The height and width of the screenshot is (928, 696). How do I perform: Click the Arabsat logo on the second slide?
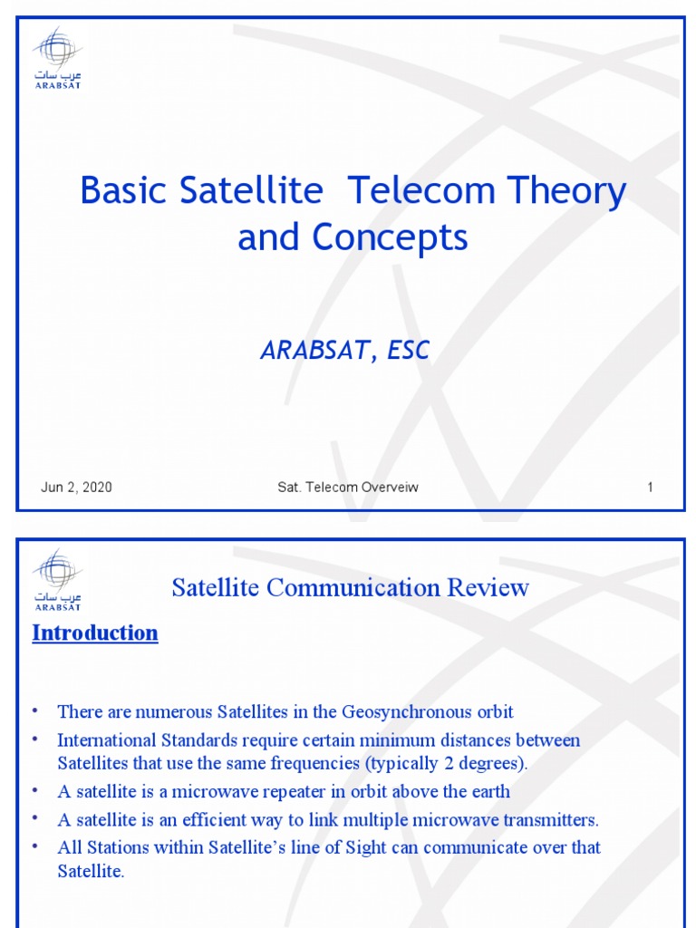(x=58, y=581)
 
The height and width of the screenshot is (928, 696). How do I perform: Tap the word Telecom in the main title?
(x=419, y=191)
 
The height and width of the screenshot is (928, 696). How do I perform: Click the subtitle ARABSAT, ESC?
(x=344, y=351)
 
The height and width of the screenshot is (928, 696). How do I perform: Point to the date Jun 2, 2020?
(x=76, y=488)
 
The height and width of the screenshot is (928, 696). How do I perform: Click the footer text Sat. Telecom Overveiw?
(x=348, y=488)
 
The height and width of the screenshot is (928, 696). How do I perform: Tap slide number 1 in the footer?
(x=650, y=488)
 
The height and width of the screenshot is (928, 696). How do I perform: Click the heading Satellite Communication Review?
(x=350, y=588)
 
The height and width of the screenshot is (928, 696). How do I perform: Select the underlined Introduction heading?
(x=95, y=633)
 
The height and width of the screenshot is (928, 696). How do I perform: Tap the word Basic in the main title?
(x=121, y=191)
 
